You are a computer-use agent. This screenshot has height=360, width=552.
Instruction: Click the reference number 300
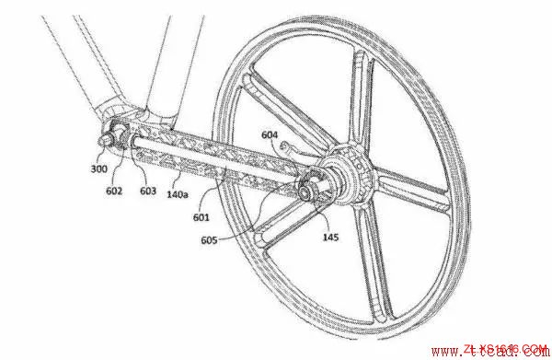(x=98, y=168)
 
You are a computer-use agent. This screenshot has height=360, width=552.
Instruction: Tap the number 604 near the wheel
(x=269, y=134)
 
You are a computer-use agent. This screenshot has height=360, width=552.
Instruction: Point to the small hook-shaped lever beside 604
(x=290, y=147)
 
